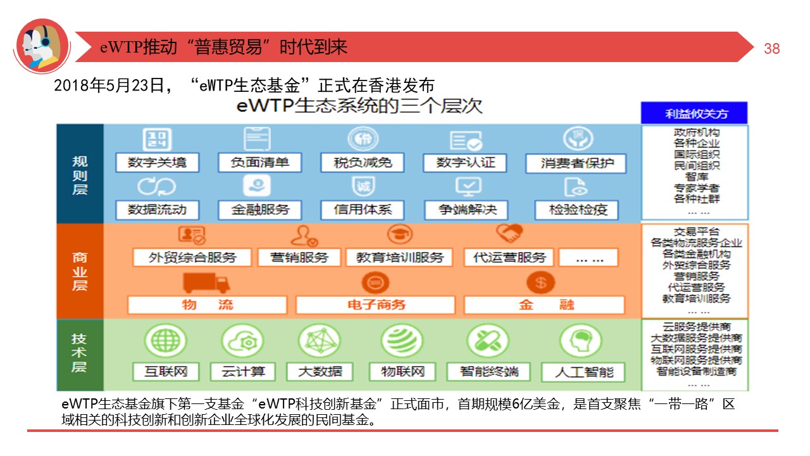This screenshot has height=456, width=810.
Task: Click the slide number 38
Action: coord(772,49)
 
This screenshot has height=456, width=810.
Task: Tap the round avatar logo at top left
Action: coord(42,46)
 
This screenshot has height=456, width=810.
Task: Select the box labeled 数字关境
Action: coord(157,162)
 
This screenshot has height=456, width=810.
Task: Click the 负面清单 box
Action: coord(259,162)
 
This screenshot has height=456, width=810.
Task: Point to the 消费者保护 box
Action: coord(575,163)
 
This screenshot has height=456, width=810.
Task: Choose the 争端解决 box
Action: coord(468,210)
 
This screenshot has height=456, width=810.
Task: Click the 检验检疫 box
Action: coord(576,210)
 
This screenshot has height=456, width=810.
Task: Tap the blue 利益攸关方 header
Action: coord(694,113)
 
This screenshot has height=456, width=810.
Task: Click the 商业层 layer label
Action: coord(80,271)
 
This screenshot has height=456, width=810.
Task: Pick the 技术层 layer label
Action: coord(80,353)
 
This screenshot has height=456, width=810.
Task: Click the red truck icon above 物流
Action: coord(206,282)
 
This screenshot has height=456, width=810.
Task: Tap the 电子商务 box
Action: coord(376,305)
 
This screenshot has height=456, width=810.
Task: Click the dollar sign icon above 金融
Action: coord(540,282)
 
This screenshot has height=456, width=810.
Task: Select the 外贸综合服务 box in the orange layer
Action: coord(192,257)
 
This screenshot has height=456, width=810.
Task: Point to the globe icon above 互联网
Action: coord(165,341)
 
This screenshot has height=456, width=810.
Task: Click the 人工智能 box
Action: coord(583,372)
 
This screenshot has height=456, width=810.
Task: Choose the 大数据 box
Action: coord(320,371)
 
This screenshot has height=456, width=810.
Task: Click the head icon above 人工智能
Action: coord(580,341)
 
